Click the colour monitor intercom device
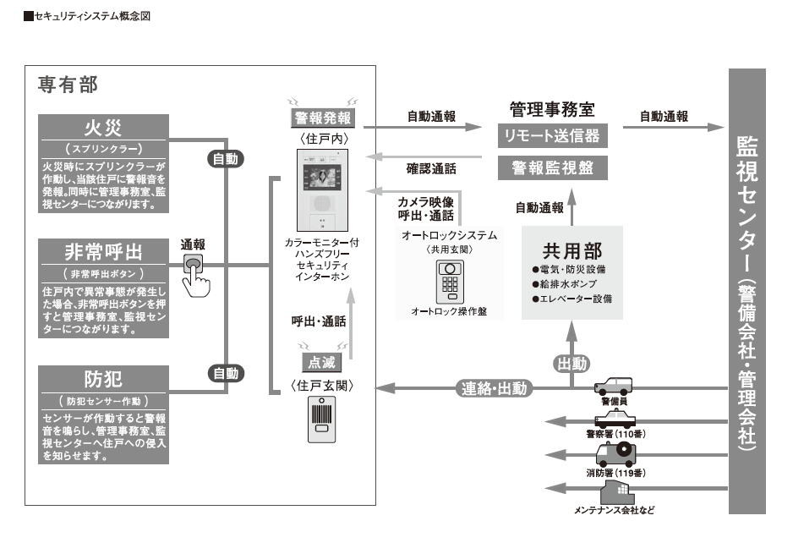[x=322, y=190]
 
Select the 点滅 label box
[x=322, y=362]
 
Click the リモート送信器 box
[x=552, y=136]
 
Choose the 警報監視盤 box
[x=552, y=168]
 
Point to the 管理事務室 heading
[x=552, y=110]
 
